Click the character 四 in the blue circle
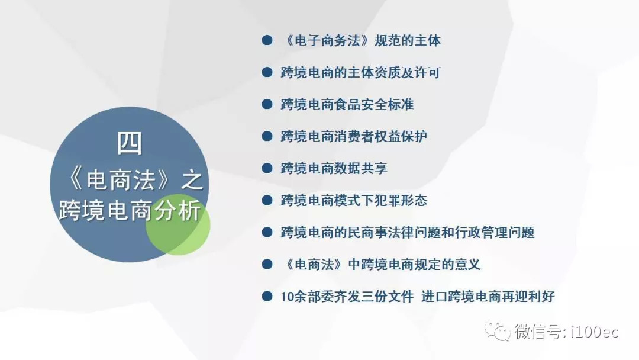[130, 143]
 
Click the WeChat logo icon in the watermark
[497, 330]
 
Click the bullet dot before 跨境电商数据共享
[267, 168]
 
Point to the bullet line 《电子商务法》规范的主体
[361, 40]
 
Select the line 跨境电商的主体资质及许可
[361, 73]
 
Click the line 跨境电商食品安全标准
[347, 104]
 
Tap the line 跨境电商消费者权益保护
[354, 136]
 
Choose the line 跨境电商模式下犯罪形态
[354, 200]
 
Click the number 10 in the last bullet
[287, 297]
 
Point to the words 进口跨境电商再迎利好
[488, 297]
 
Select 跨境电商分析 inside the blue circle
[130, 210]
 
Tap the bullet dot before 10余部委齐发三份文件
[267, 296]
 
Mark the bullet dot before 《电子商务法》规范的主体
[267, 40]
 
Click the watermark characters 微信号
[538, 332]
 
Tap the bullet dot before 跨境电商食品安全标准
[267, 104]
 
